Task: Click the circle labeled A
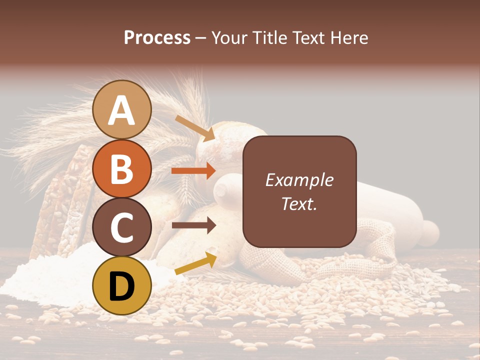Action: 122,109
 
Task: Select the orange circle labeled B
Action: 122,168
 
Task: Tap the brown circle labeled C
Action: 122,227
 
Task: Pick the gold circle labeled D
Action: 122,285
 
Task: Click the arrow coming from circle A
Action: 195,128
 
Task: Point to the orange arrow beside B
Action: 193,170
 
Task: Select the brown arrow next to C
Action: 193,225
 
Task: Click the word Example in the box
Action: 299,180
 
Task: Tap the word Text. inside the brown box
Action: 299,204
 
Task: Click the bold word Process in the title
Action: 157,37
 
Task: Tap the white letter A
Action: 122,110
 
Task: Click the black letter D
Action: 122,286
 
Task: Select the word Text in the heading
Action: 308,37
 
